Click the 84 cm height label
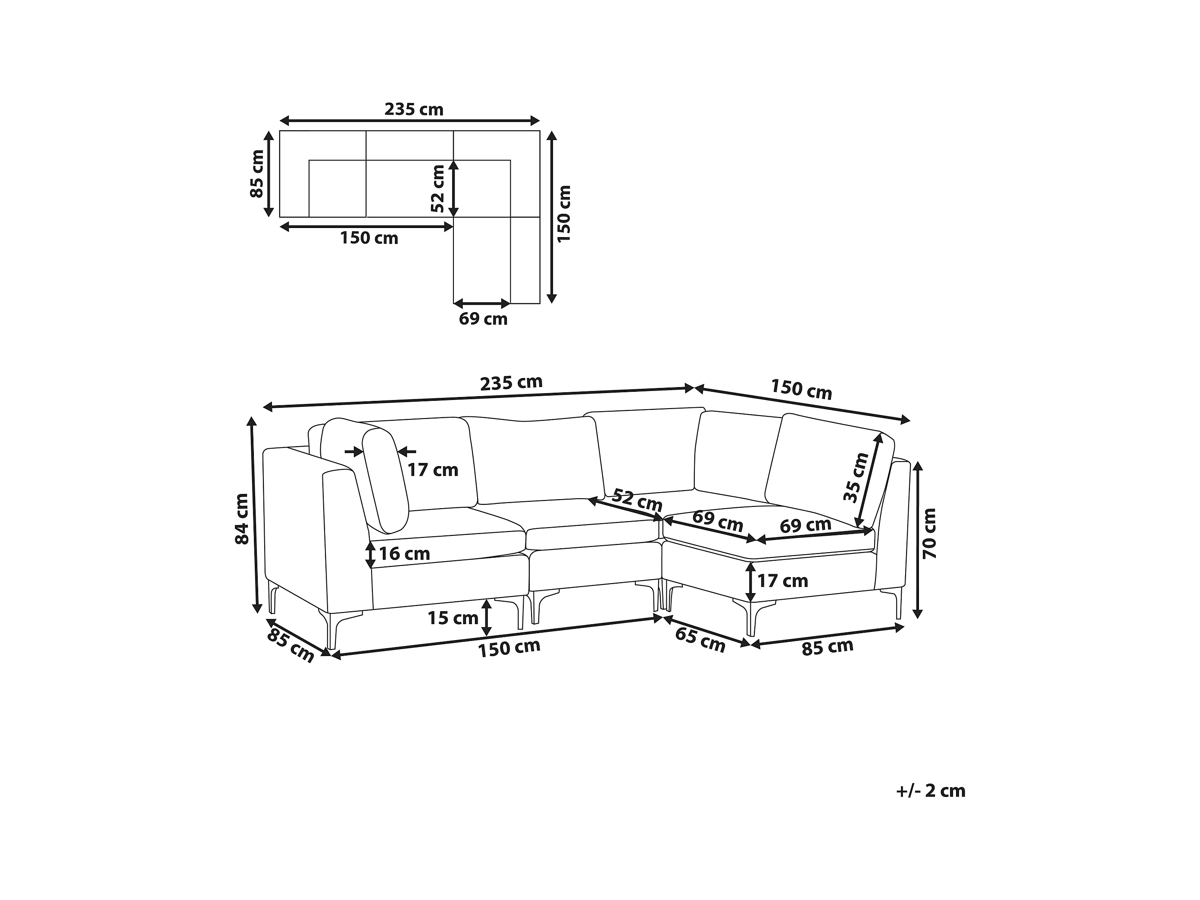click(242, 518)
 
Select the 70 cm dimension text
click(929, 533)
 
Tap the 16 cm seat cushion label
click(404, 554)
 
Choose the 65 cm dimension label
click(700, 640)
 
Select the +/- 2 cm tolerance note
click(930, 791)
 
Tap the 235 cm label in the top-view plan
click(414, 109)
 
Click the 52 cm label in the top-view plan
click(438, 188)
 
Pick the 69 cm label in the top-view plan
click(483, 319)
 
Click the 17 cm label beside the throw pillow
click(433, 469)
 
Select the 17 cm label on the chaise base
click(782, 581)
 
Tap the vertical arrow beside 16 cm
click(370, 554)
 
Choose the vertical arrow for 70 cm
click(917, 539)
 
